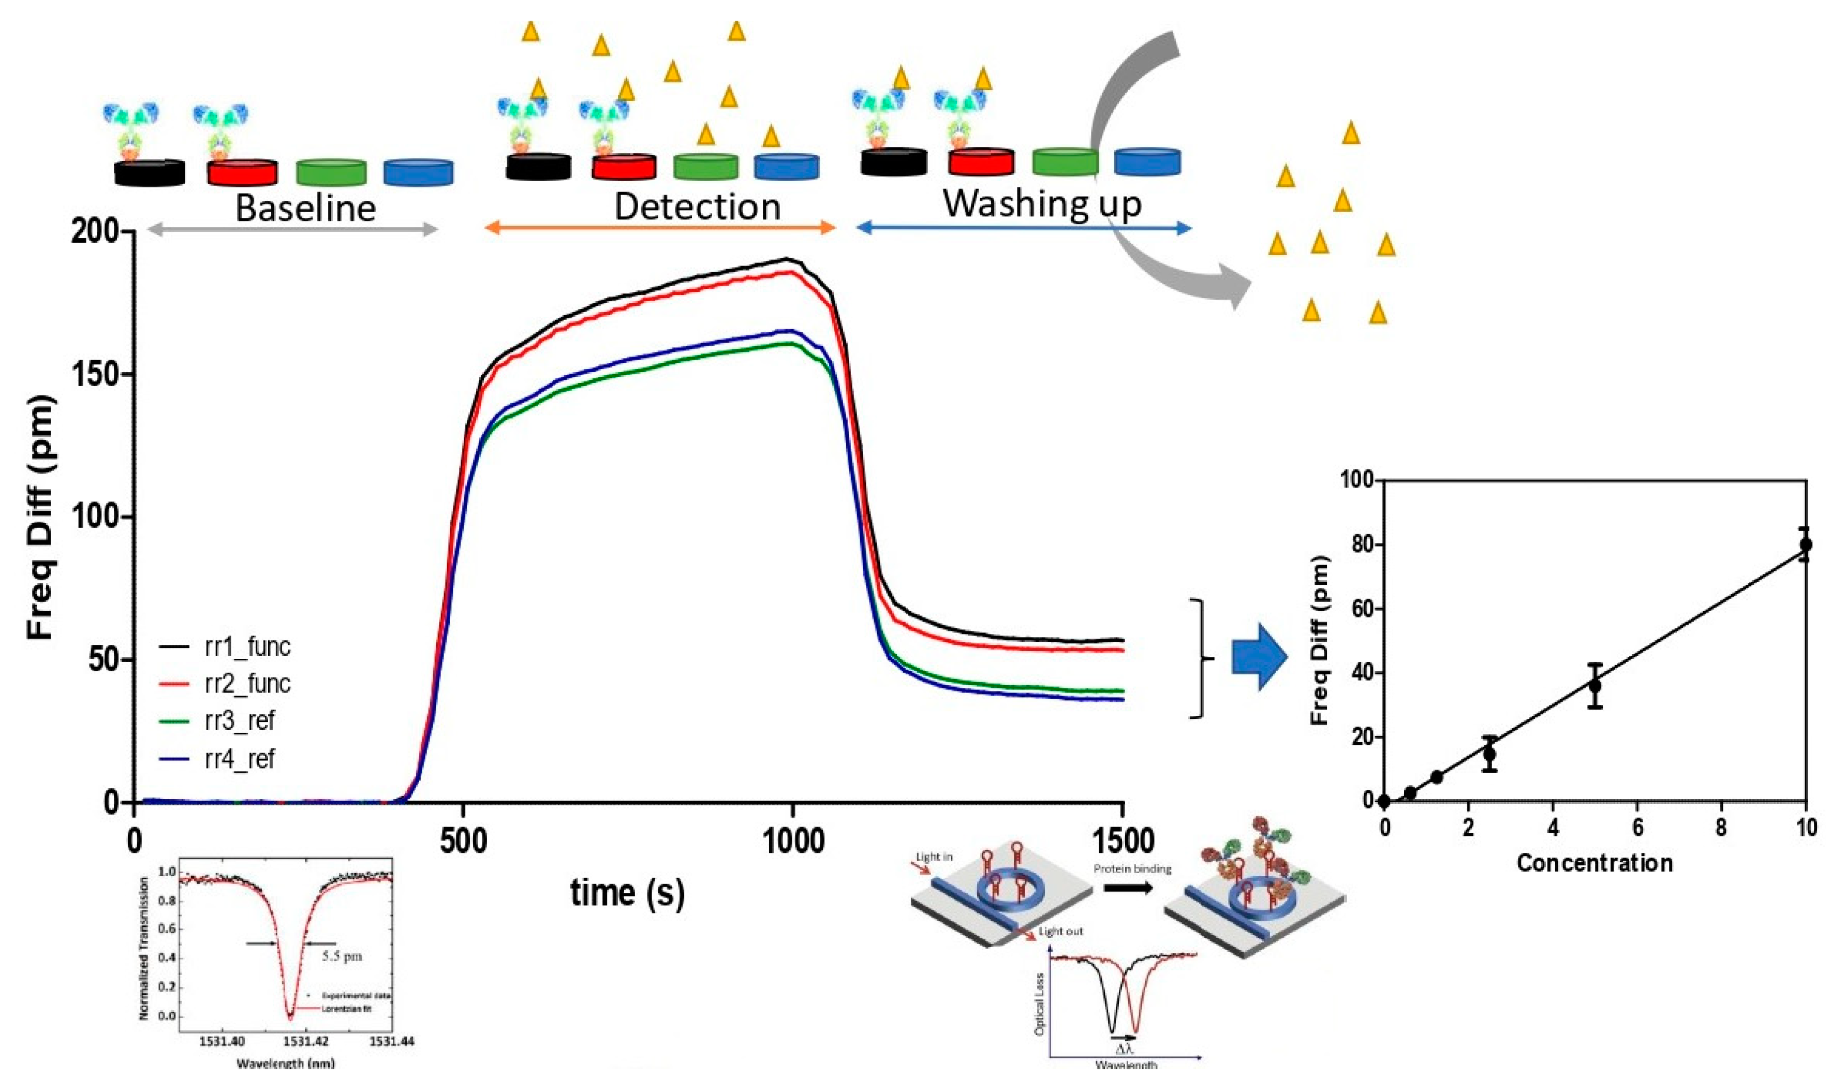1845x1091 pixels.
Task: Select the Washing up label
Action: [1042, 203]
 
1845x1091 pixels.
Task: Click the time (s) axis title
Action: [627, 892]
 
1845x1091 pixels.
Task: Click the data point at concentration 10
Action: [1805, 545]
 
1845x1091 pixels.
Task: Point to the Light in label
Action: [934, 857]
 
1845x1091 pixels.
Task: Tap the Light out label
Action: [1061, 932]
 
